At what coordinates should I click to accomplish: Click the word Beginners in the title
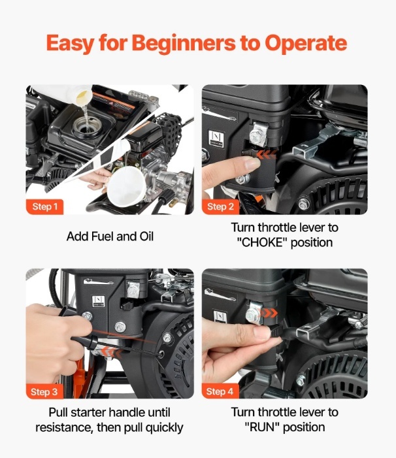point(184,44)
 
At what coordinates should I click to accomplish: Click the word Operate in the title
point(306,43)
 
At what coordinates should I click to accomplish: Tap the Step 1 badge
point(44,207)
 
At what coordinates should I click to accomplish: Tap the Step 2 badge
point(220,207)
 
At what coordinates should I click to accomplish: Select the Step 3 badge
point(44,392)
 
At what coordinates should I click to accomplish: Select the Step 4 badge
point(220,391)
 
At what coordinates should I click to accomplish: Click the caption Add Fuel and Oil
point(110,237)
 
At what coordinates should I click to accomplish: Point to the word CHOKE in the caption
point(264,243)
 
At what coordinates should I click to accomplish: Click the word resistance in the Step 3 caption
point(65,427)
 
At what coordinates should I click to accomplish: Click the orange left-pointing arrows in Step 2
point(267,154)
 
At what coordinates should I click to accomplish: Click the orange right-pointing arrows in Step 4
point(269,313)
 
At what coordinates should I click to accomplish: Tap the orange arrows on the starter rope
point(112,352)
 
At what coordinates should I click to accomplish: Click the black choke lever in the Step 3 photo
point(127,306)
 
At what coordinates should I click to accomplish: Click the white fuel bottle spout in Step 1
point(84,97)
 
